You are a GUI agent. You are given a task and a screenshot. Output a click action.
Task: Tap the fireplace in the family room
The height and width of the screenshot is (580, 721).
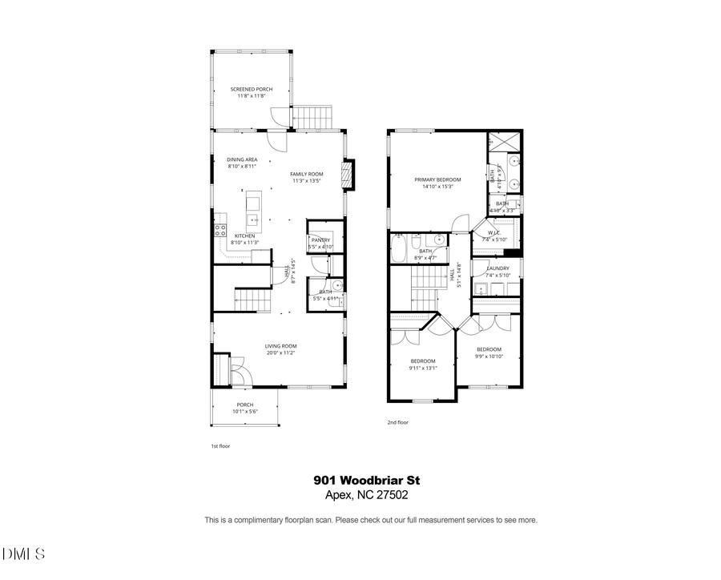point(348,175)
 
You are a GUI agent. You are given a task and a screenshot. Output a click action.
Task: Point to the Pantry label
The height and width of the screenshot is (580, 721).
point(321,240)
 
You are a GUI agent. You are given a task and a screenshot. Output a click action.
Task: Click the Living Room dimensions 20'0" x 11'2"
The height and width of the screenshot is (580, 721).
point(281,352)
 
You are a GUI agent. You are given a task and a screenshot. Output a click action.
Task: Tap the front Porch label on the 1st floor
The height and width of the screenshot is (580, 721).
point(244,405)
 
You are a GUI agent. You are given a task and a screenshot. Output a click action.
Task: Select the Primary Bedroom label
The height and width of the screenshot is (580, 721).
point(437,179)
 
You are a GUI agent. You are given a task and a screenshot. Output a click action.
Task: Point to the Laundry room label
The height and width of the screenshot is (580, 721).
point(497,268)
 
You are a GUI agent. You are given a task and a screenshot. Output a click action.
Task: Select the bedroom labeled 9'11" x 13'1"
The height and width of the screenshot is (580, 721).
point(422,360)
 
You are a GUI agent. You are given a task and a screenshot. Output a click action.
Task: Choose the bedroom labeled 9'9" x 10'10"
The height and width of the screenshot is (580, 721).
point(489,349)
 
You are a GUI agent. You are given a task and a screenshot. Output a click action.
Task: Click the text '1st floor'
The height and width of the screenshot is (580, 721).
point(220,445)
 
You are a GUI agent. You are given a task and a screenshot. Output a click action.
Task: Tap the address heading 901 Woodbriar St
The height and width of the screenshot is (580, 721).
point(366,480)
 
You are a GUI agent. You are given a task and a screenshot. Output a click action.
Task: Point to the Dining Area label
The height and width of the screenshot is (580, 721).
point(242,159)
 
